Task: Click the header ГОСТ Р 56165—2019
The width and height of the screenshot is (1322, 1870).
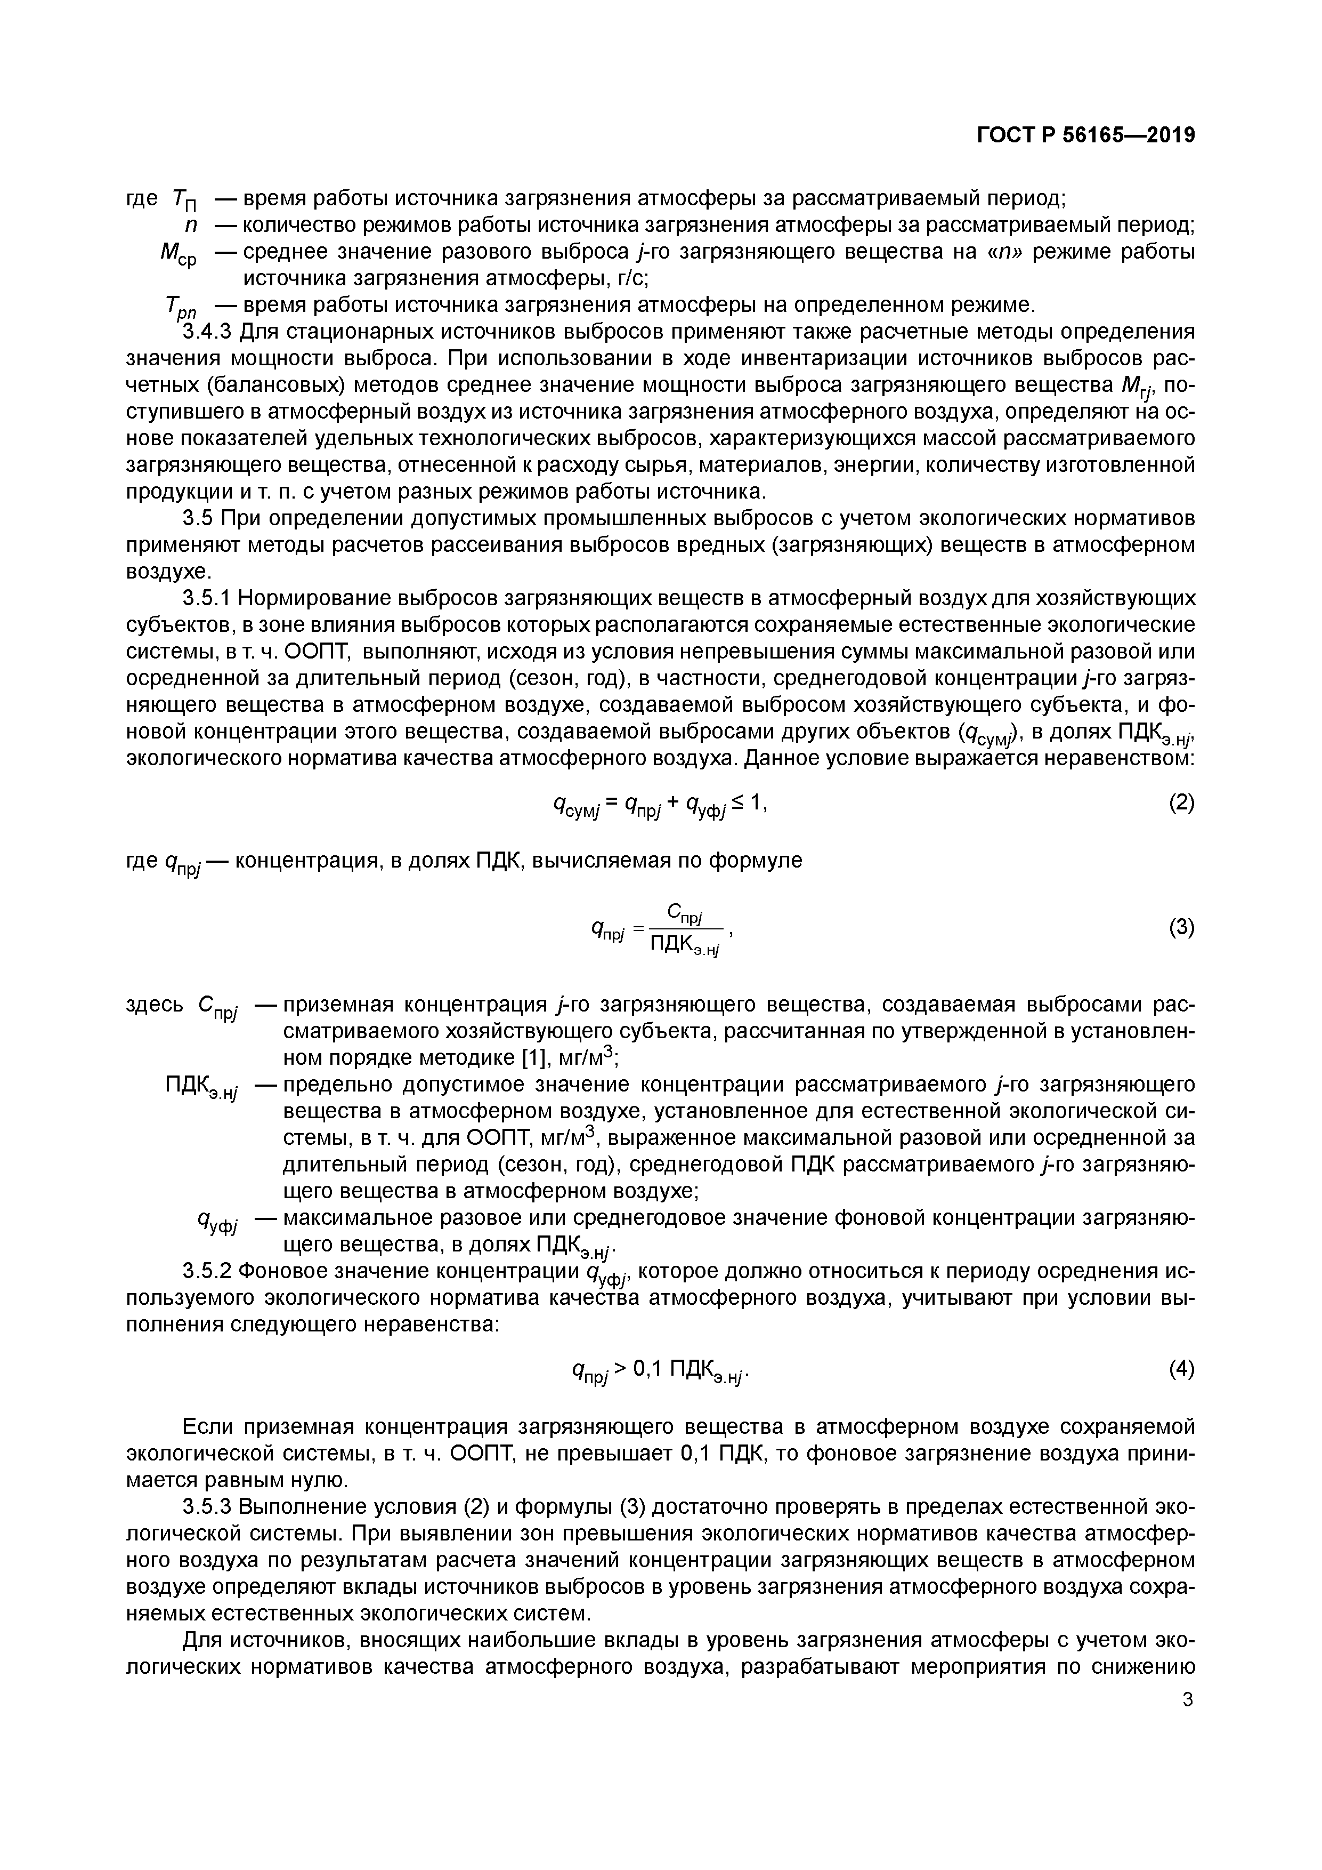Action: [1085, 136]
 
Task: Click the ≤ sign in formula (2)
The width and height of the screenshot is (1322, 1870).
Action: [737, 803]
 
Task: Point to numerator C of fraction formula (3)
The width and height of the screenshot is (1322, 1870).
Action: [675, 911]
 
